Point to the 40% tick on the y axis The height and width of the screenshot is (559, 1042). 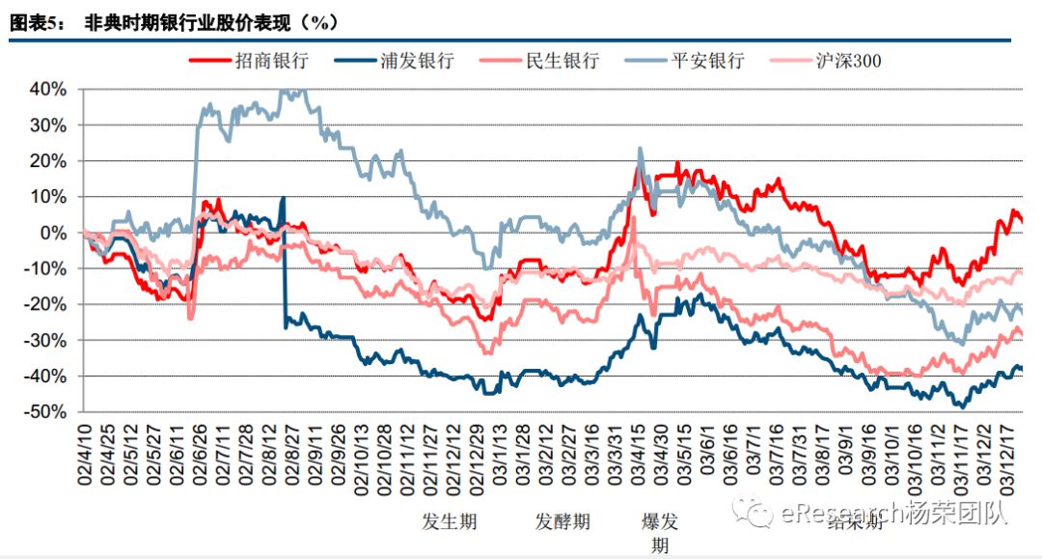click(x=47, y=89)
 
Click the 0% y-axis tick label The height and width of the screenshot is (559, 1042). click(x=54, y=233)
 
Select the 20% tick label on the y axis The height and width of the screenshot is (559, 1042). click(x=47, y=160)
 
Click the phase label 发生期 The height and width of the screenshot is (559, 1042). click(x=450, y=522)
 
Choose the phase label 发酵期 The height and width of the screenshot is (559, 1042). click(x=562, y=522)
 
